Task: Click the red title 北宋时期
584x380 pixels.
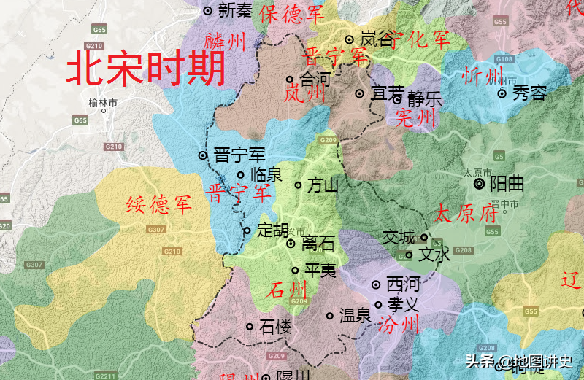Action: coord(146,71)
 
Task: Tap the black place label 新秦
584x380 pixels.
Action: coord(234,10)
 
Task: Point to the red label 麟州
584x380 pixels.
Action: coord(225,42)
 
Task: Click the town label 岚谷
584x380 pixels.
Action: coord(377,39)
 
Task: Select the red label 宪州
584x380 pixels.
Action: coord(415,117)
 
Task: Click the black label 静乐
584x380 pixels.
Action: coord(425,98)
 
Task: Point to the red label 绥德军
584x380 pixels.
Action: coord(159,206)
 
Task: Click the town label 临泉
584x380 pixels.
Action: coord(266,175)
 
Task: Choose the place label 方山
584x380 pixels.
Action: coord(323,185)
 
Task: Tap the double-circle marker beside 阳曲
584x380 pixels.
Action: coord(479,185)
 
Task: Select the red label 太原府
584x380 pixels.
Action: coord(466,214)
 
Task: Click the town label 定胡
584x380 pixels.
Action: coord(272,230)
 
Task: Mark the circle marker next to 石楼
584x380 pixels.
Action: coord(250,327)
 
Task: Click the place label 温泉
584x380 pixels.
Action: coord(356,316)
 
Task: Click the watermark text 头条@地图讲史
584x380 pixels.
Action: coord(520,361)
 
